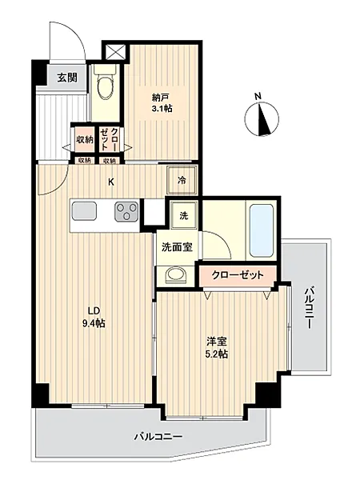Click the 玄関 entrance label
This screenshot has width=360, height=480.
coord(67,78)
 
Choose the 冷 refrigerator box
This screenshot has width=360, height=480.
coord(182,181)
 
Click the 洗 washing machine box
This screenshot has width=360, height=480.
coord(182,215)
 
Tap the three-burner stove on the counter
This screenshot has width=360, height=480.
coord(126,212)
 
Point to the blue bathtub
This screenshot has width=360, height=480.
coord(262,230)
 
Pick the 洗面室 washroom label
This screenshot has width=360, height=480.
coord(178,247)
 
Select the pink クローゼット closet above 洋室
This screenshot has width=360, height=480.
coord(238,274)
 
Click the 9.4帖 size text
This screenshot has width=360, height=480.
coord(93,324)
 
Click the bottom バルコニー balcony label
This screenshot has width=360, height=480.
coord(158,438)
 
